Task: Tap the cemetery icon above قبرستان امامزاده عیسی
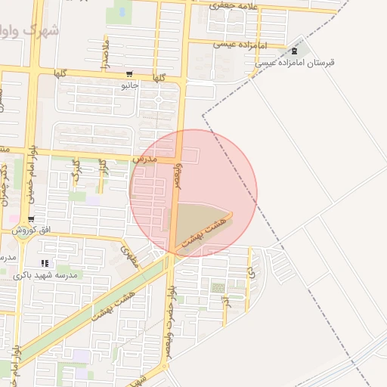point(294,51)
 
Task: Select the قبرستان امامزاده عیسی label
point(295,63)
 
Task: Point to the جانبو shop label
point(130,85)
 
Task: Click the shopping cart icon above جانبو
point(130,75)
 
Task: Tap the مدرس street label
point(144,160)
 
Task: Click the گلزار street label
point(104,168)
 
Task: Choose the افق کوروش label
point(35,229)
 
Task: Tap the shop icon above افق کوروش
point(30,219)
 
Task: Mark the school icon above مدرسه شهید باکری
point(45,263)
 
